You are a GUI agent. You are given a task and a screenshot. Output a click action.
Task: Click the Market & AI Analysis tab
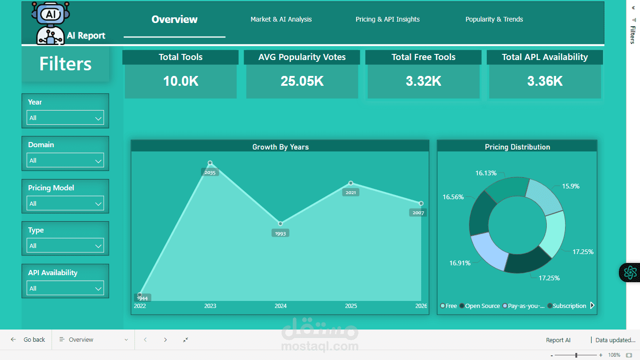click(x=281, y=19)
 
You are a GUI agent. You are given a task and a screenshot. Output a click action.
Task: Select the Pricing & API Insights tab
click(x=387, y=19)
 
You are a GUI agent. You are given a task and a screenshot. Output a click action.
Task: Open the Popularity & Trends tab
click(x=494, y=19)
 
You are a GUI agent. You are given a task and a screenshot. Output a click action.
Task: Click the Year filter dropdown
click(x=65, y=118)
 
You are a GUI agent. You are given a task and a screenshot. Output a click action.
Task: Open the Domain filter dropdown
click(x=65, y=161)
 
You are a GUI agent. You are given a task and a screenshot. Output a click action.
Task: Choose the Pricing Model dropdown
click(x=65, y=204)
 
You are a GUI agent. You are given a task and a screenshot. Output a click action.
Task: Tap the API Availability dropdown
click(x=65, y=289)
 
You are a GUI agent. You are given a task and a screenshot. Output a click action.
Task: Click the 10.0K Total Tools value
click(x=180, y=81)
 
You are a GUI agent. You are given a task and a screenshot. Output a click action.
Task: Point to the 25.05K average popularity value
click(x=302, y=81)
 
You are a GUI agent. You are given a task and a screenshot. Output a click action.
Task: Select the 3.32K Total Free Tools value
click(x=424, y=81)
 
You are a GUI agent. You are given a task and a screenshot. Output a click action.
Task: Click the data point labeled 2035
click(x=210, y=163)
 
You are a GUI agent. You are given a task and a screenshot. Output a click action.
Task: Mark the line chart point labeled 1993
click(x=280, y=224)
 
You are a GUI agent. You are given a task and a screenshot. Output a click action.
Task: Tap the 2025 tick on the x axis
click(x=351, y=306)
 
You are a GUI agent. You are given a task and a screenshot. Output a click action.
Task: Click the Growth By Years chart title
click(x=280, y=147)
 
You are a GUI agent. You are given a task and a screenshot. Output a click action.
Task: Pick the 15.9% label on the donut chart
click(x=570, y=186)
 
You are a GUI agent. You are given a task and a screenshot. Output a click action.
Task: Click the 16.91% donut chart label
click(x=460, y=263)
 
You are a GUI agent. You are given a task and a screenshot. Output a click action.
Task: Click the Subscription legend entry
click(x=569, y=306)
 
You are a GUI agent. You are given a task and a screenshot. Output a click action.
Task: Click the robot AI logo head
click(x=50, y=14)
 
